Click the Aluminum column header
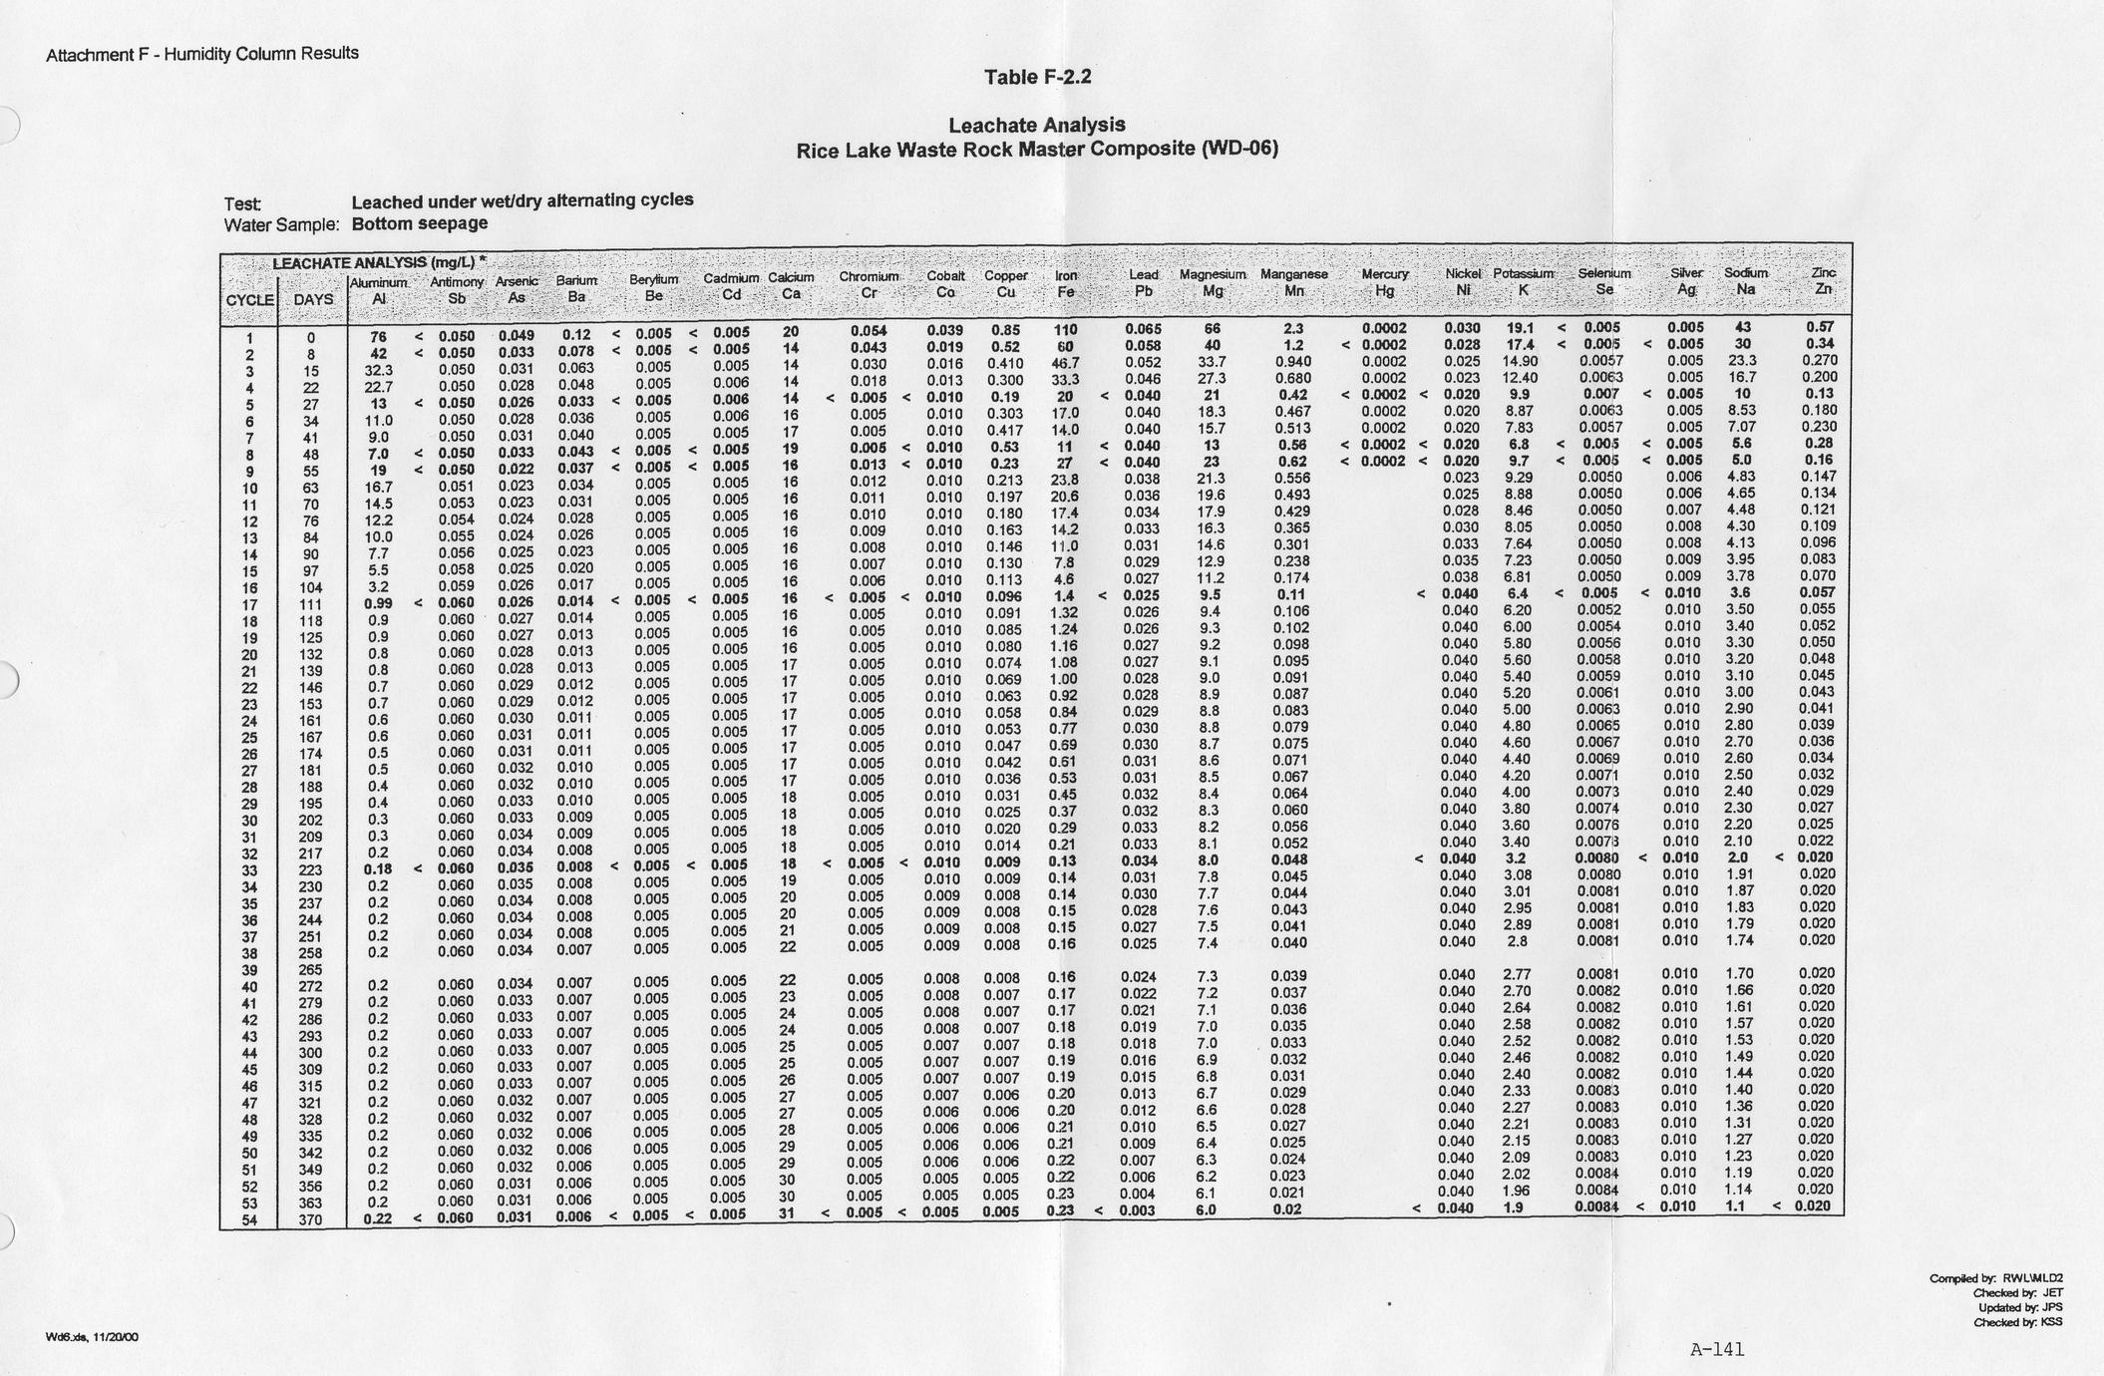coord(379,290)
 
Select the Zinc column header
coord(1824,281)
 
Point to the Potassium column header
coord(1523,282)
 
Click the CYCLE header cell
coord(249,299)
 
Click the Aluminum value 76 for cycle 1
coord(379,337)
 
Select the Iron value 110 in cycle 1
coord(1066,329)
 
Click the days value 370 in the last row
coord(311,1218)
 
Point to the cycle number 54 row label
coord(250,1218)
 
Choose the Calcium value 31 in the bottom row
coord(787,1213)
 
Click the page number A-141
coord(1717,1350)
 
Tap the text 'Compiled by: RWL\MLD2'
coord(1995,1278)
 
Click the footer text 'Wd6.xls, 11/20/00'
coord(92,1337)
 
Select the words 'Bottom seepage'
coord(420,223)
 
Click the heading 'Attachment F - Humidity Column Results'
coord(202,54)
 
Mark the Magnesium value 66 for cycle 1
coord(1213,329)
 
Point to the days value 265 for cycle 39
coord(311,970)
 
